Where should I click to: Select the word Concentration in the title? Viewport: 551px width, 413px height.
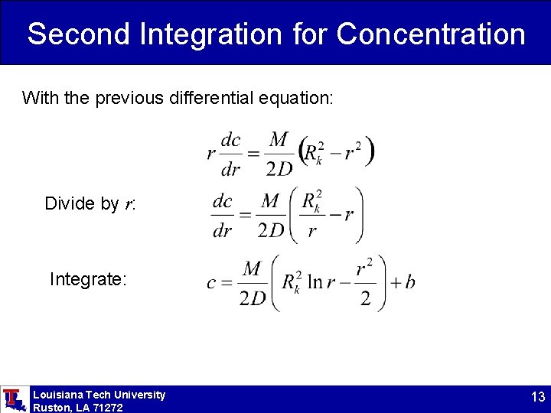[431, 34]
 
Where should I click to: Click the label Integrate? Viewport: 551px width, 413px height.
[88, 279]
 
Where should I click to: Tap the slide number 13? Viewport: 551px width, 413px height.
[537, 398]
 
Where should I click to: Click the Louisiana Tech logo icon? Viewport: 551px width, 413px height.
[13, 398]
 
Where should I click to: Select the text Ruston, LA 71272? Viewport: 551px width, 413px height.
[77, 408]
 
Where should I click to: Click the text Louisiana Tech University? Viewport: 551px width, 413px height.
[99, 395]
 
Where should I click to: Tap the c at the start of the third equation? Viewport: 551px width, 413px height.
[211, 283]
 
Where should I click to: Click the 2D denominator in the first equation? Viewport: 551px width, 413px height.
[279, 169]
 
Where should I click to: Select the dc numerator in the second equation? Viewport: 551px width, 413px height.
[222, 201]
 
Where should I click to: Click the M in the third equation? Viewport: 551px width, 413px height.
[252, 268]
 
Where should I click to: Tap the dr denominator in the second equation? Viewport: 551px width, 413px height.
[222, 229]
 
